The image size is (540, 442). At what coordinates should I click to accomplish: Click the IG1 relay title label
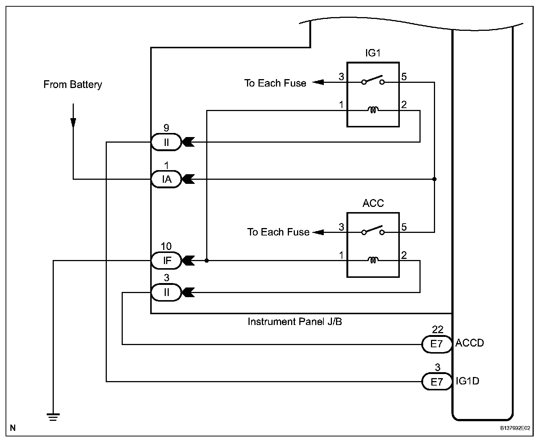pyautogui.click(x=373, y=53)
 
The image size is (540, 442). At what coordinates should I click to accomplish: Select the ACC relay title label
pyautogui.click(x=373, y=203)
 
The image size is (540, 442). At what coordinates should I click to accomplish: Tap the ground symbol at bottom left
pyautogui.click(x=53, y=417)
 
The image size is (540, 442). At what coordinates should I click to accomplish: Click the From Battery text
pyautogui.click(x=73, y=85)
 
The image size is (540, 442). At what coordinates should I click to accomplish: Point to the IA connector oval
pyautogui.click(x=167, y=179)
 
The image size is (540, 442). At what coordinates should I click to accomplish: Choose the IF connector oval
pyautogui.click(x=167, y=261)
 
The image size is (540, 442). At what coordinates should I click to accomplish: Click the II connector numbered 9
pyautogui.click(x=166, y=142)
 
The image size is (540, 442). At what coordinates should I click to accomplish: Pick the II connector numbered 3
pyautogui.click(x=166, y=293)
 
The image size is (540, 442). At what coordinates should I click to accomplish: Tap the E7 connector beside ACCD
pyautogui.click(x=437, y=344)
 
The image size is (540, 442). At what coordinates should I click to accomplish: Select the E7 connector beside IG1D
pyautogui.click(x=437, y=381)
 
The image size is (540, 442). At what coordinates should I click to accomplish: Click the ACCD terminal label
pyautogui.click(x=470, y=343)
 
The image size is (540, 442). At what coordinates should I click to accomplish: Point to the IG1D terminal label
pyautogui.click(x=467, y=381)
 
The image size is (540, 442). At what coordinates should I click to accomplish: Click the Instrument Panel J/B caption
pyautogui.click(x=295, y=322)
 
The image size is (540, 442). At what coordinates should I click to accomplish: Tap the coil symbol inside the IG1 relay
pyautogui.click(x=373, y=110)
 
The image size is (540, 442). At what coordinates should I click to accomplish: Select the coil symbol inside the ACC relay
pyautogui.click(x=373, y=260)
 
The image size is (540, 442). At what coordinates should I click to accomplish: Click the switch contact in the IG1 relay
pyautogui.click(x=373, y=80)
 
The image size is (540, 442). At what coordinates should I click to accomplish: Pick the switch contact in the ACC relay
pyautogui.click(x=373, y=231)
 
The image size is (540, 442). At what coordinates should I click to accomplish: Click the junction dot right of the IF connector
pyautogui.click(x=207, y=261)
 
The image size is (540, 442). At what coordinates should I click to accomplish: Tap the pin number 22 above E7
pyautogui.click(x=438, y=329)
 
